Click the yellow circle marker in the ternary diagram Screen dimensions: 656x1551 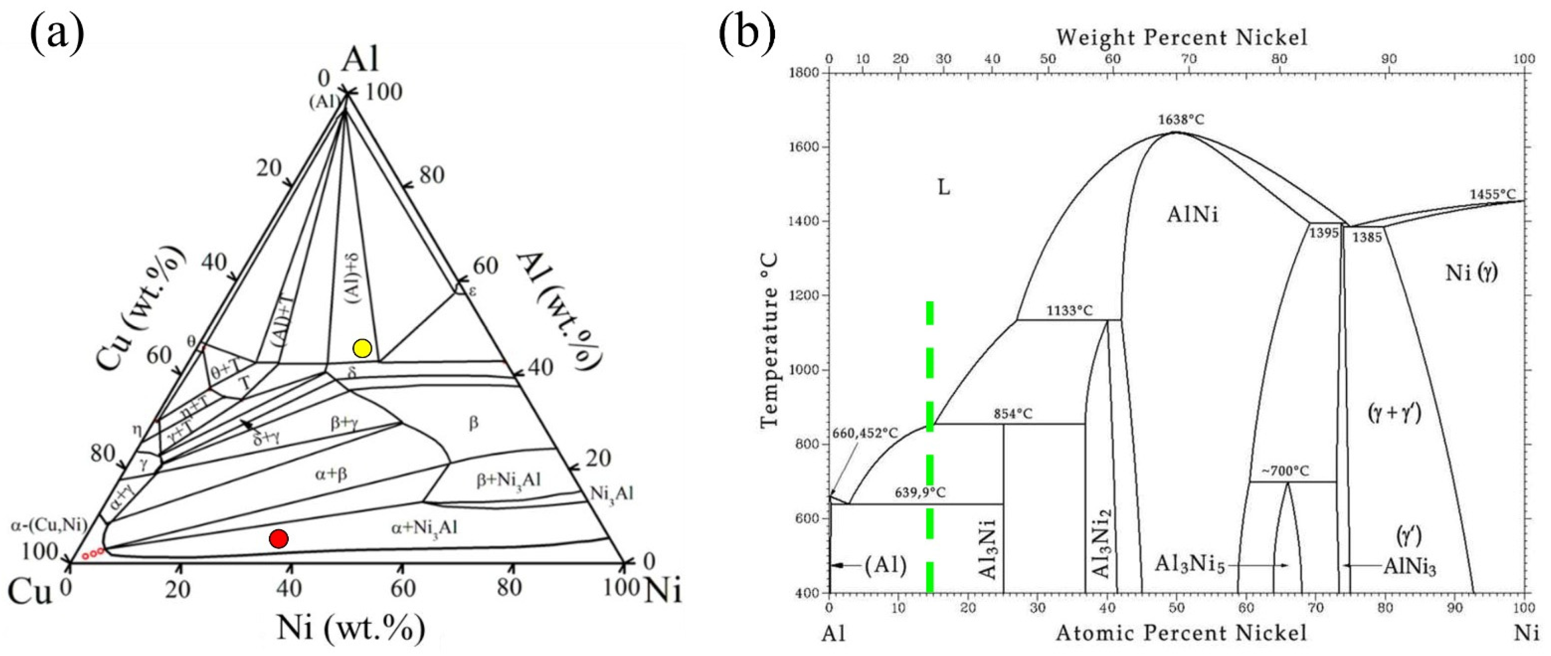click(362, 348)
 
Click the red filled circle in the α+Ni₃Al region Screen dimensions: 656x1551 click(278, 539)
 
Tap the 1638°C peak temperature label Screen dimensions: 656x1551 click(1181, 120)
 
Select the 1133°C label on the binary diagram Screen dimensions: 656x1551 click(1070, 311)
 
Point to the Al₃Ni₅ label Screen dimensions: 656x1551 click(1190, 565)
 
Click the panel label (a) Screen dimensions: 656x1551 click(57, 35)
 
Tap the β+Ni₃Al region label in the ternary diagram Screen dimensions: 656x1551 click(509, 480)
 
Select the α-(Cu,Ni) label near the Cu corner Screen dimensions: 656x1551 click(49, 525)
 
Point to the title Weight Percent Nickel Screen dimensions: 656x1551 click(1181, 38)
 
